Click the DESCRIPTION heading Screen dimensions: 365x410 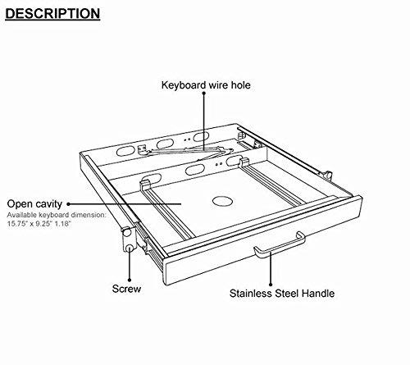pyautogui.click(x=53, y=14)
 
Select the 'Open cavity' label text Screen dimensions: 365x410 pyautogui.click(x=35, y=203)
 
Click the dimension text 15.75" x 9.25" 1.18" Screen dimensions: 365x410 pyautogui.click(x=48, y=224)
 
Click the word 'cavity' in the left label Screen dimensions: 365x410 pyautogui.click(x=48, y=203)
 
